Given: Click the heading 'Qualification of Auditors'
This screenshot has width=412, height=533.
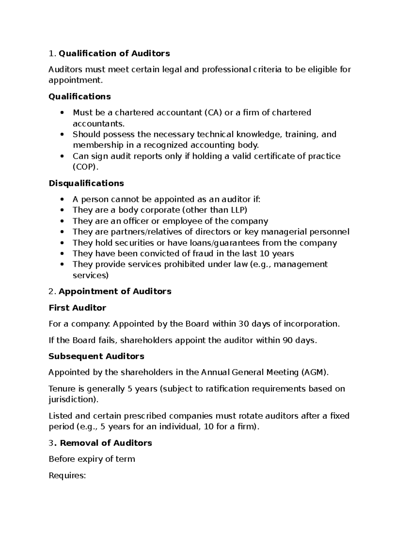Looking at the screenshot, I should point(114,54).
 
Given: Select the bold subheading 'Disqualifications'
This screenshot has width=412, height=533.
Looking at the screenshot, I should point(86,183).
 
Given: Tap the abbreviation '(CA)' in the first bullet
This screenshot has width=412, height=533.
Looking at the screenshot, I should point(213,113).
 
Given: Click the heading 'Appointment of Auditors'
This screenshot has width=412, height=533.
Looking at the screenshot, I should point(115,291).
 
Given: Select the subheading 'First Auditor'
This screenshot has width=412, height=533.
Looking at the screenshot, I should point(77,308).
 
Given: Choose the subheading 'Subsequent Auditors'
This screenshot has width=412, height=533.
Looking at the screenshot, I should point(96,356).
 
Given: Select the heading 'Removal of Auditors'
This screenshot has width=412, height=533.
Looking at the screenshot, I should point(106,443).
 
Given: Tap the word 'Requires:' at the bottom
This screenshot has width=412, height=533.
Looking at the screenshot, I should point(67,476).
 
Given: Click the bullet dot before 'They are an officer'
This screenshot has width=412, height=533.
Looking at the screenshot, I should point(62,221).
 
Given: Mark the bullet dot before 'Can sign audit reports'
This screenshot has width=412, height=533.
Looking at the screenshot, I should point(62,157).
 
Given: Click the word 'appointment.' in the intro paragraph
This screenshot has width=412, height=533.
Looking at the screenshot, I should point(76,80).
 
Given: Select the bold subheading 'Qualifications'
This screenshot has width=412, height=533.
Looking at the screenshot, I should point(80,97).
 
